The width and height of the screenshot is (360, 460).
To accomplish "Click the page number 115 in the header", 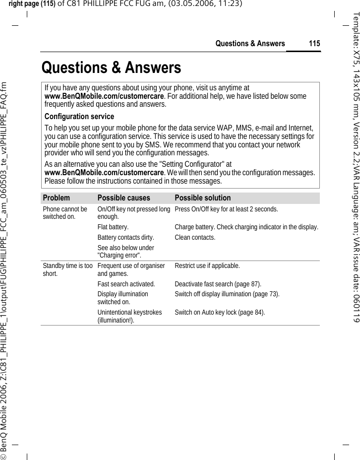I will pos(314,44).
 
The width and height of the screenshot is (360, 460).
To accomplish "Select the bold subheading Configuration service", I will pos(79,117).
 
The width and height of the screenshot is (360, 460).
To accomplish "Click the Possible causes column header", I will pos(123,197).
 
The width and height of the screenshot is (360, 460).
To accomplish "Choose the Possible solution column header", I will pos(203,197).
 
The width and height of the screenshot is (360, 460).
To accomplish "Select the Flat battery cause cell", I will pos(113,227).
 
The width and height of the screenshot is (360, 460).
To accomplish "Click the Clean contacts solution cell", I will pos(195,238).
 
